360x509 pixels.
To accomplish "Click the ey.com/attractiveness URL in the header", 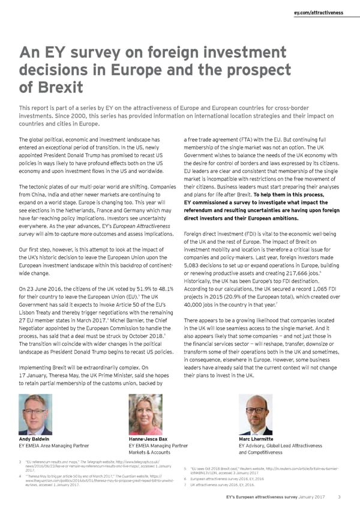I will [x=318, y=12].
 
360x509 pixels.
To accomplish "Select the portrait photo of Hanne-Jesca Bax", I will [x=146, y=414].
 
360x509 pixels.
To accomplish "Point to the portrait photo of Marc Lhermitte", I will [x=256, y=414].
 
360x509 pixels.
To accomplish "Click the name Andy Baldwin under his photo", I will [x=35, y=439].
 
